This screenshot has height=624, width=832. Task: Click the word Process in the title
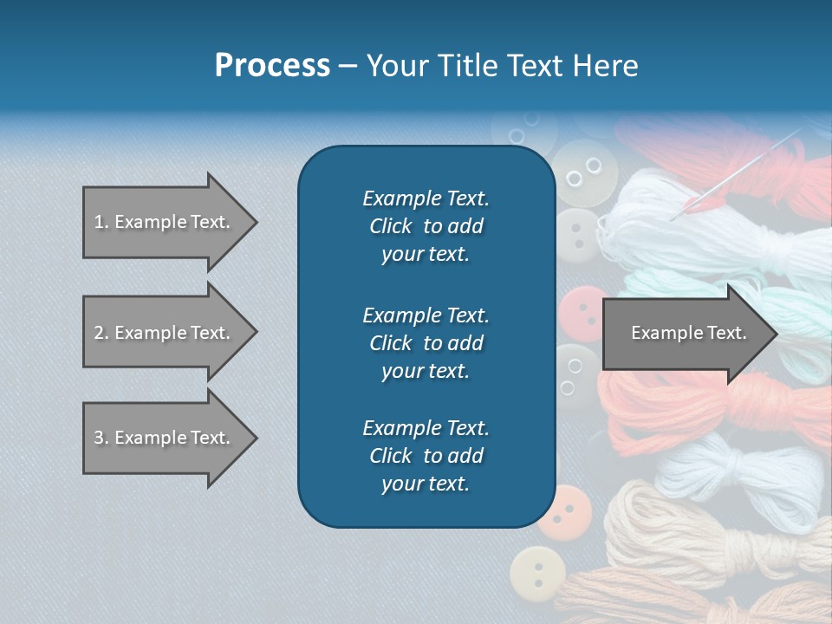272,66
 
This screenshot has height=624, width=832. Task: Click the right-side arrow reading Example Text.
688,333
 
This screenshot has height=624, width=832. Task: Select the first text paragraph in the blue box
426,226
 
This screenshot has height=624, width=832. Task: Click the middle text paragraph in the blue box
426,343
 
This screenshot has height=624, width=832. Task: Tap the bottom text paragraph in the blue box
426,456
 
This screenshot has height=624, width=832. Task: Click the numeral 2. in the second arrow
101,333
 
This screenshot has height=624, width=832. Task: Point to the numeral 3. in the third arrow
101,438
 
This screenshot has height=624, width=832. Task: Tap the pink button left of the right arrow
578,311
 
